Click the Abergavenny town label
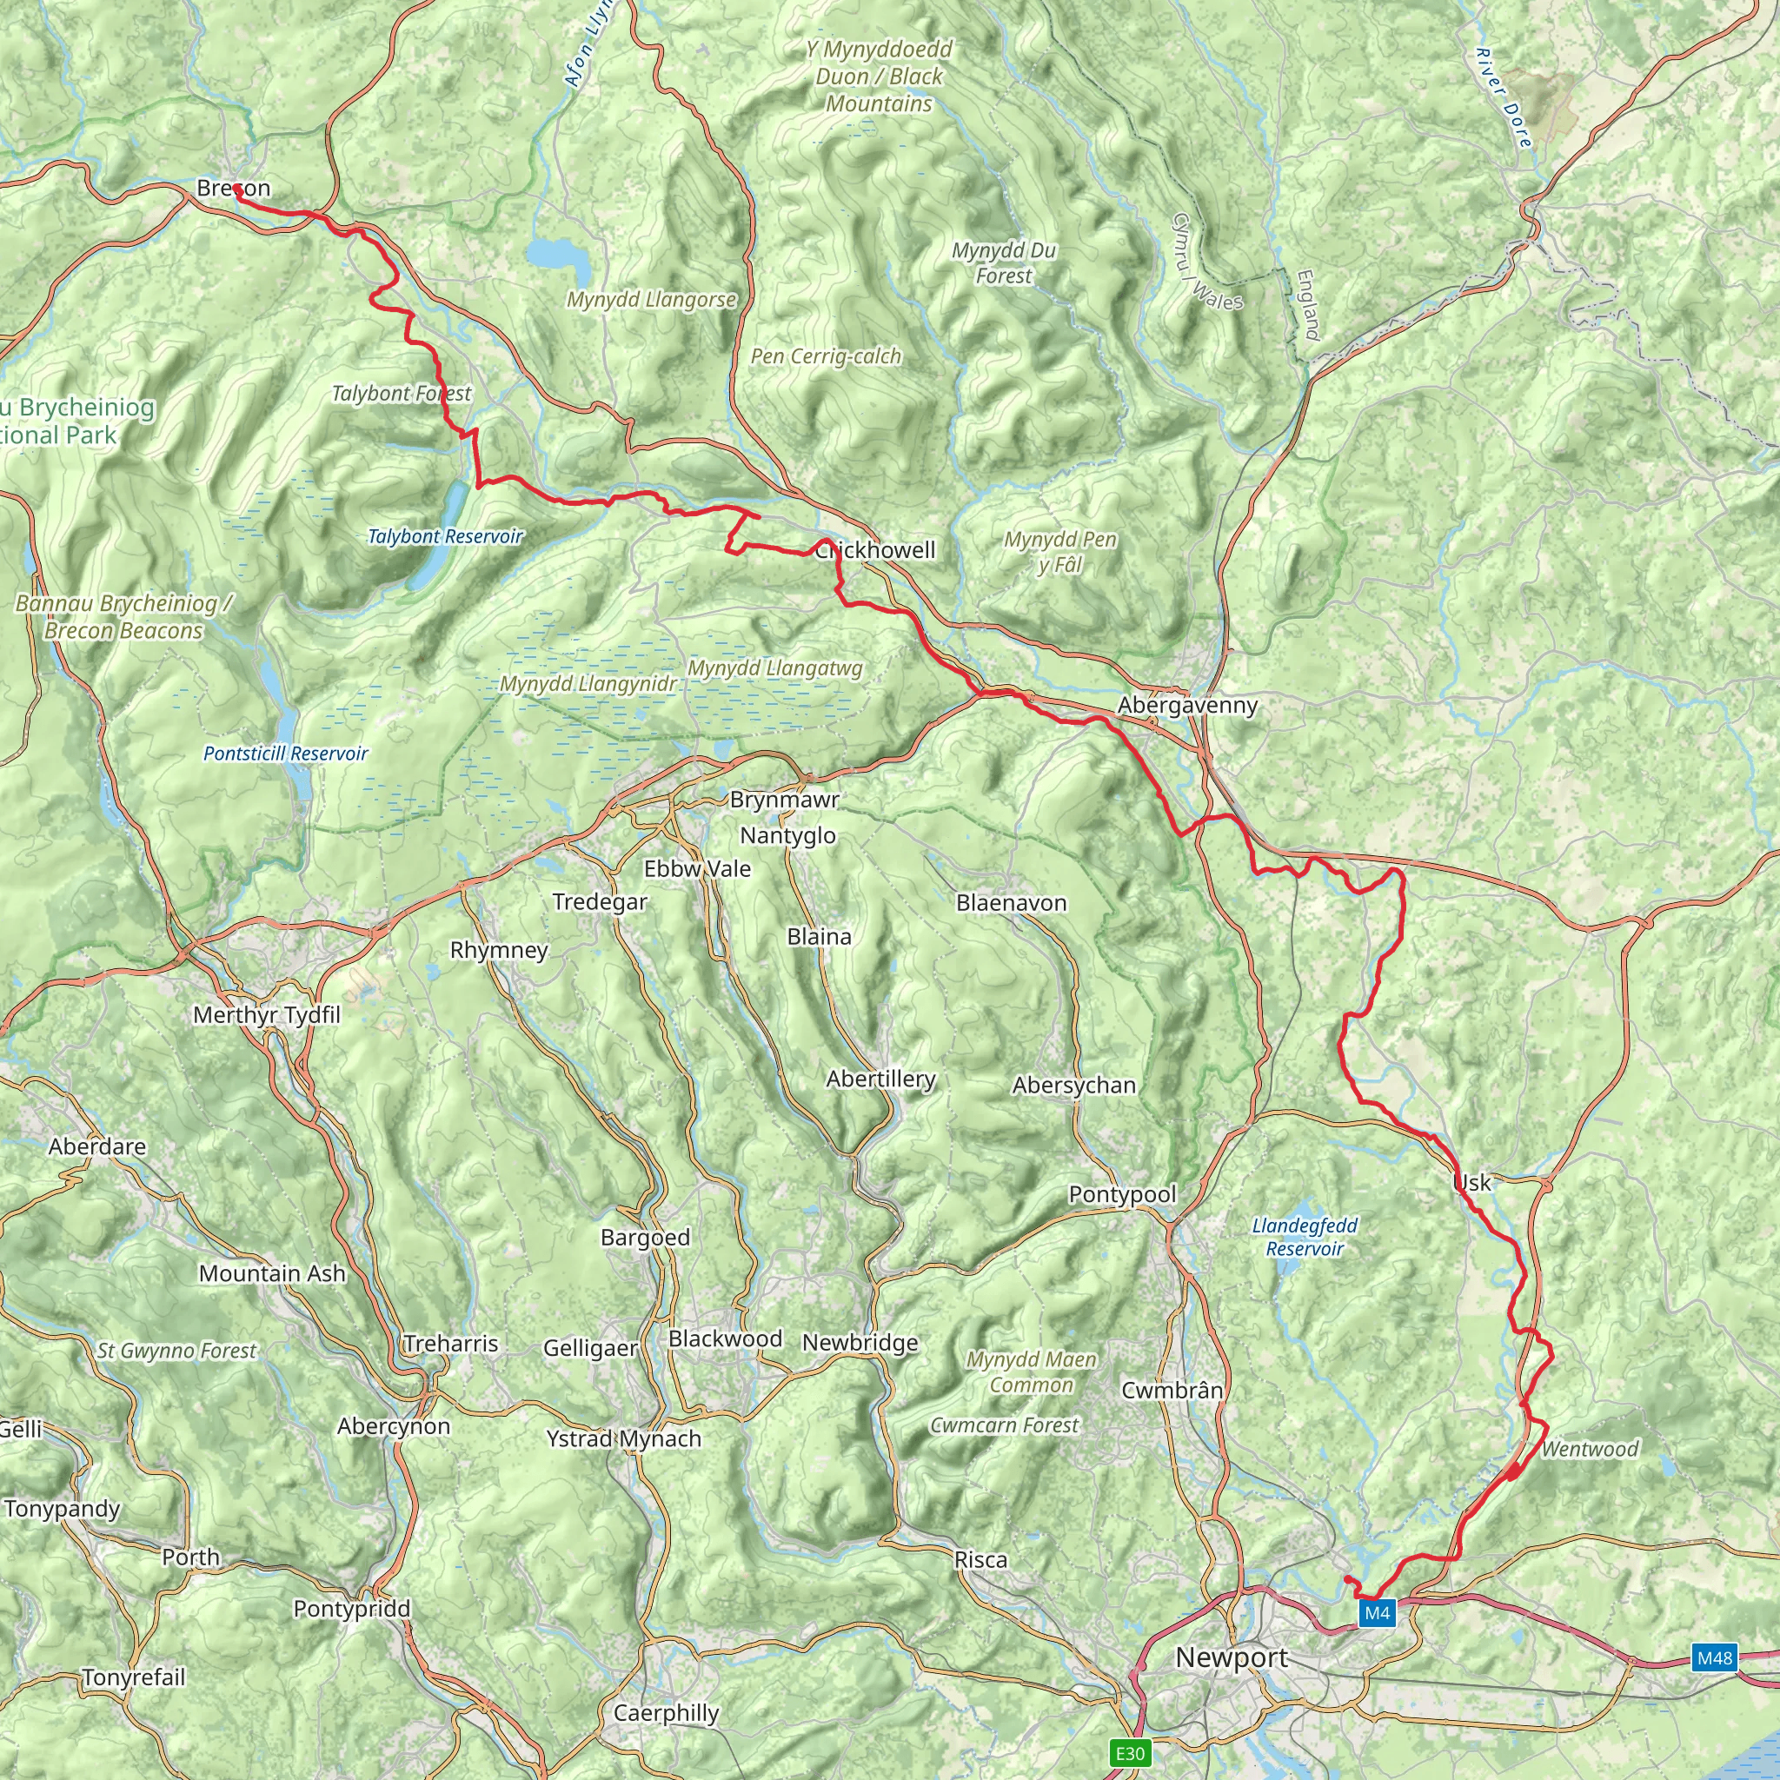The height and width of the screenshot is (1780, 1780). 1186,706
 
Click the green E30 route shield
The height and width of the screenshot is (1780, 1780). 1130,1752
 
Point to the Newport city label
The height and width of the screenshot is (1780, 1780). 1232,1657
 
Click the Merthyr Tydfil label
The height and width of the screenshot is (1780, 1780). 266,1015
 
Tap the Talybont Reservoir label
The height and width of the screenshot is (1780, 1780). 445,536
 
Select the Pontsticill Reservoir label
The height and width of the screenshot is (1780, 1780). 286,754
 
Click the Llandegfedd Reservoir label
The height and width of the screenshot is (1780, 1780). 1305,1238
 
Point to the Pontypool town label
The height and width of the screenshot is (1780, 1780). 1122,1194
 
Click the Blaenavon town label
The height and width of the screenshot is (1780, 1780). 1011,903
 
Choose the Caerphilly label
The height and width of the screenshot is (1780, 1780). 666,1713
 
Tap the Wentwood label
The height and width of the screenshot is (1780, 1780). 1590,1449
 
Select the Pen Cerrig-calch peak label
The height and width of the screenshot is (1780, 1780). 826,356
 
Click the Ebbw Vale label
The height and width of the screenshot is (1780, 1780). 696,869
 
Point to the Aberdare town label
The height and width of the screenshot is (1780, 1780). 96,1146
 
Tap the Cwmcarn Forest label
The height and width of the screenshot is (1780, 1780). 1003,1425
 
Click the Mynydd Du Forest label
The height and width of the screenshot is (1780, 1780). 1003,262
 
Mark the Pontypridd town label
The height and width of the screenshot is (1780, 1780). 352,1609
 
